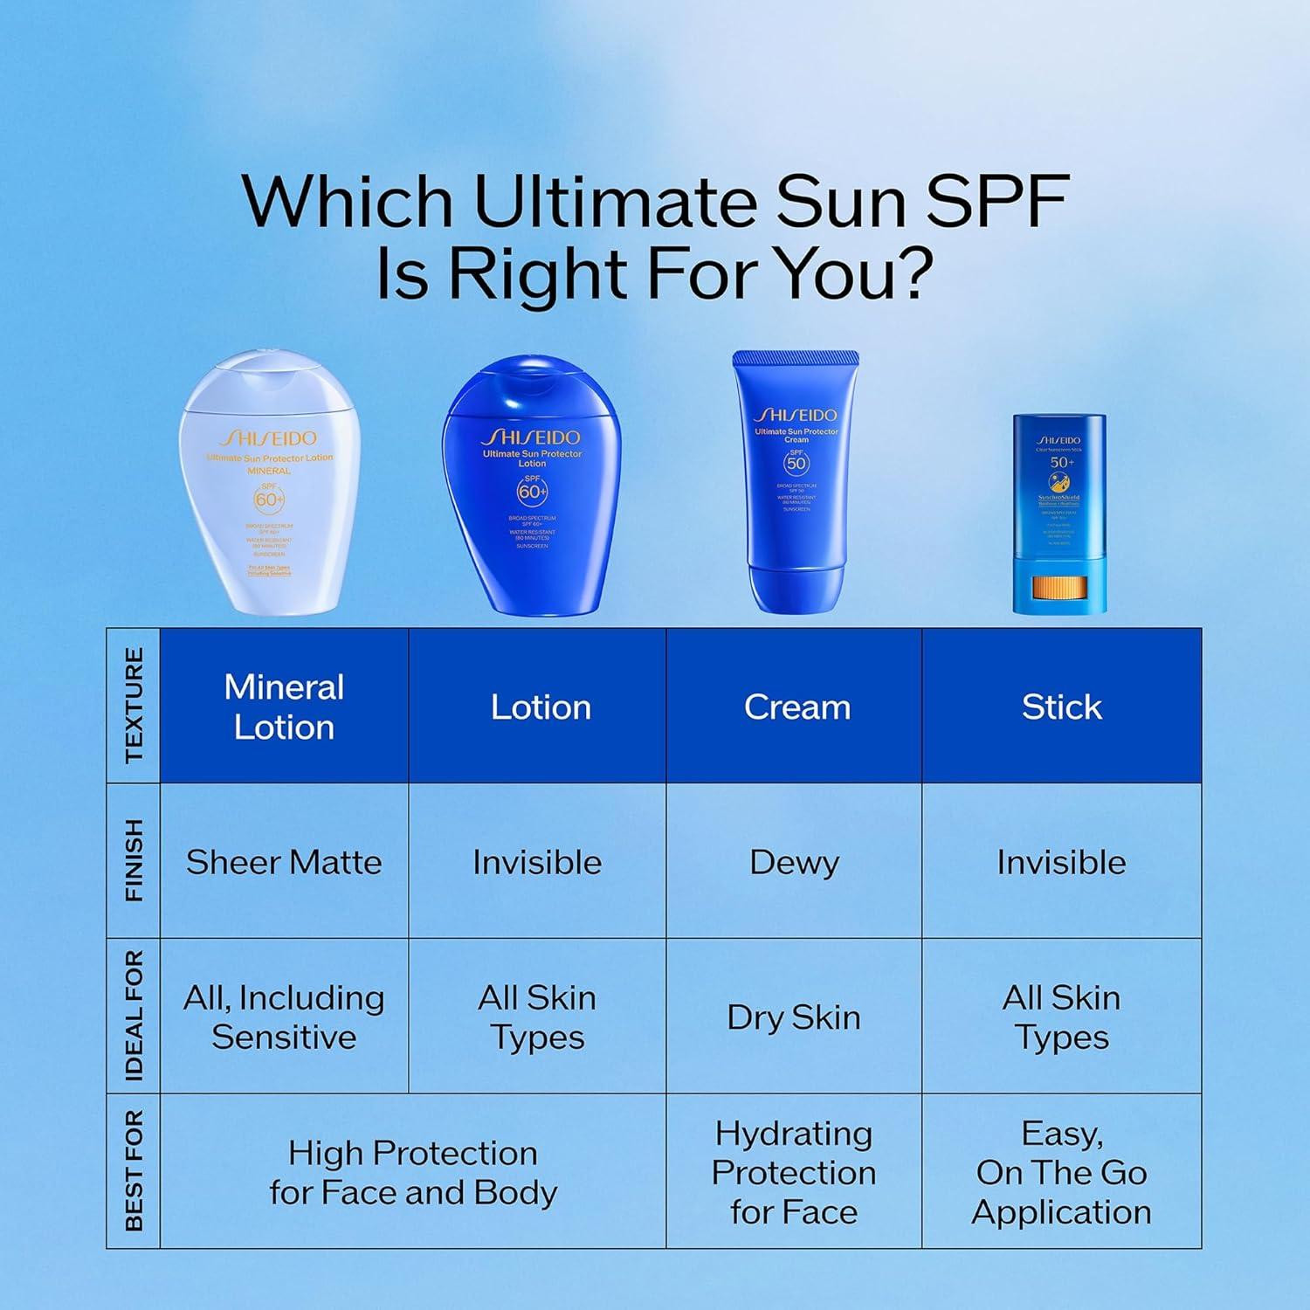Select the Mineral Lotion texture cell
284,707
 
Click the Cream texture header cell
796,707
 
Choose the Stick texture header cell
1061,707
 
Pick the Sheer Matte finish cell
284,862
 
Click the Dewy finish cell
794,862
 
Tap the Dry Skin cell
794,1017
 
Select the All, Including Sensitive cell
284,1017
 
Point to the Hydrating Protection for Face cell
794,1172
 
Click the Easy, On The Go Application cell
1061,1172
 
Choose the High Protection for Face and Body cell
412,1172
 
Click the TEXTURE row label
134,706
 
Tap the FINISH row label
134,860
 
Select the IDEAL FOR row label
134,1017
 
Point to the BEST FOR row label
134,1171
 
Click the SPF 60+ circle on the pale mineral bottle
269,499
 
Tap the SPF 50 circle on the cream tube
796,463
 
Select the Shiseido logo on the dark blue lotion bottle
532,437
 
